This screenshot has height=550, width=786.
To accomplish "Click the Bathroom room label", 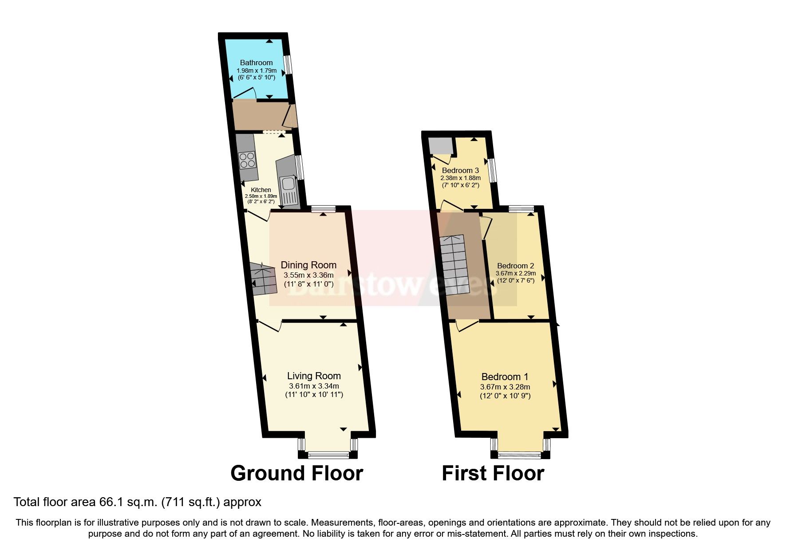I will (x=256, y=63).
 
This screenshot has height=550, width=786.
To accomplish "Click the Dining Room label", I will (x=308, y=265).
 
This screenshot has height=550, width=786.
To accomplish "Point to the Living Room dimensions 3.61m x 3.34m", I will (x=314, y=386).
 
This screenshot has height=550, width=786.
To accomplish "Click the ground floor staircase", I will (x=264, y=279).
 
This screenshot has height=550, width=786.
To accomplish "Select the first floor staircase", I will (x=454, y=265).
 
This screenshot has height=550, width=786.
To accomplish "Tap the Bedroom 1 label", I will (x=505, y=377).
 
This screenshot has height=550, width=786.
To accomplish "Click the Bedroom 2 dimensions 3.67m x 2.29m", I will (x=515, y=273).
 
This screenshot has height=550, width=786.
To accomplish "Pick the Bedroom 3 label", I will (x=460, y=170).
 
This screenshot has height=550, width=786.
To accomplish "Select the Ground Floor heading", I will (x=296, y=473).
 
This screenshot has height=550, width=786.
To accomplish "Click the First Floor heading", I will (x=493, y=473).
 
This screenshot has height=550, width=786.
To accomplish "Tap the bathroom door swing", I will (x=245, y=94).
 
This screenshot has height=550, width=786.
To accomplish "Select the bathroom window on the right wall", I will (x=288, y=65).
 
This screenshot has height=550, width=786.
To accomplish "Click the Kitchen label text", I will (x=261, y=190).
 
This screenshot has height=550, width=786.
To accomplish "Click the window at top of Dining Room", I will (x=323, y=208).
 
